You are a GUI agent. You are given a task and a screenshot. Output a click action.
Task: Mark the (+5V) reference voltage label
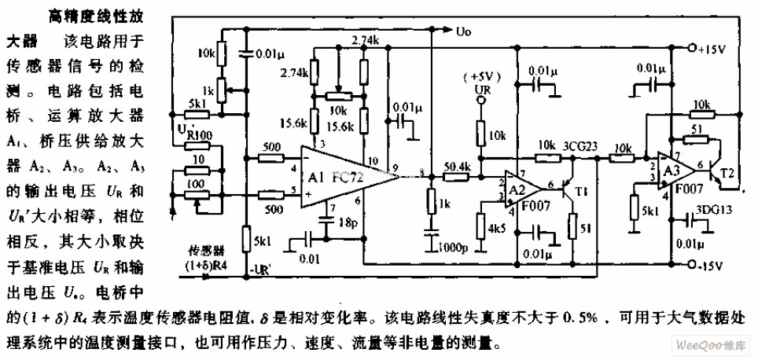[x=481, y=76]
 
